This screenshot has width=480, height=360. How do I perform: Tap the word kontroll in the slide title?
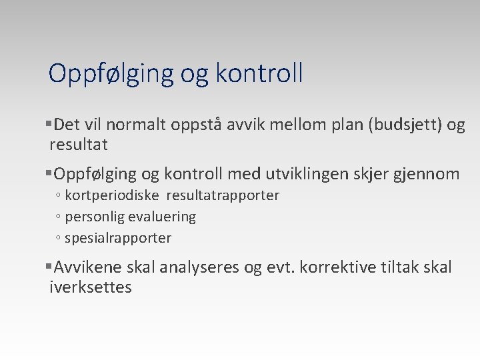(x=259, y=73)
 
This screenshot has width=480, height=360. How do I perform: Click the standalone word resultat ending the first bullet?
(x=79, y=144)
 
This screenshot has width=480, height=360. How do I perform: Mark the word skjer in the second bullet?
(x=378, y=175)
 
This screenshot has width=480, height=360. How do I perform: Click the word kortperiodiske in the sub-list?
(x=111, y=195)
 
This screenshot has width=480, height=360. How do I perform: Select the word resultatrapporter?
(x=223, y=195)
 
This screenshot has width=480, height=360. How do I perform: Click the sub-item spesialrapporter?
(x=118, y=238)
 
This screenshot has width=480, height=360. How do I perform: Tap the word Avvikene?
(x=87, y=268)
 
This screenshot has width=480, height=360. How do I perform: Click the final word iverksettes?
(x=91, y=288)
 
